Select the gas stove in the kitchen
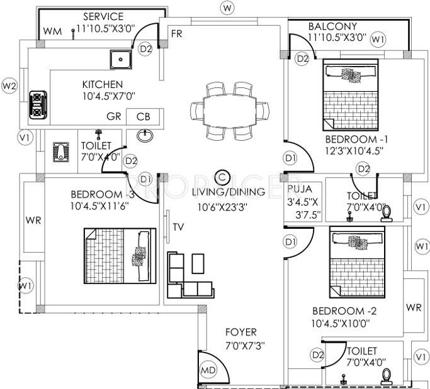click(x=38, y=104)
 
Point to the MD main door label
click(x=208, y=371)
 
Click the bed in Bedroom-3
click(x=120, y=255)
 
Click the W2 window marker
click(x=9, y=85)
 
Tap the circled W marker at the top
click(x=227, y=8)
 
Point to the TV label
click(x=178, y=227)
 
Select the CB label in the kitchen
click(x=144, y=118)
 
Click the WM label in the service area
click(x=52, y=31)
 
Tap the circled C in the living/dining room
click(x=222, y=177)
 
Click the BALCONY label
click(x=332, y=26)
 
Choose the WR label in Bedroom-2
click(x=413, y=307)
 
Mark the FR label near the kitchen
click(x=176, y=33)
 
